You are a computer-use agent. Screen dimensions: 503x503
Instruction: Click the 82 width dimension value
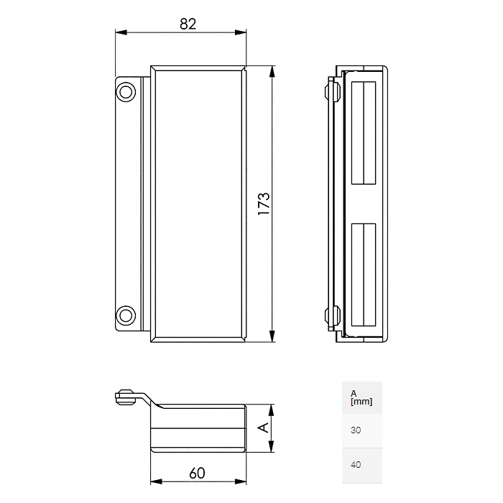tap(188, 24)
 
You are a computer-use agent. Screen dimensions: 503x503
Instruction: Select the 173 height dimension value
tap(263, 204)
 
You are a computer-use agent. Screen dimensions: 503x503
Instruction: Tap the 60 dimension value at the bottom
tap(198, 473)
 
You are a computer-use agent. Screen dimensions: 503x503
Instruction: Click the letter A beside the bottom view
tap(263, 428)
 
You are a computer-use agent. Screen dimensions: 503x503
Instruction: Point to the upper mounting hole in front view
tap(126, 91)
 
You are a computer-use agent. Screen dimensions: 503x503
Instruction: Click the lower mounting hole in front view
tap(126, 315)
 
